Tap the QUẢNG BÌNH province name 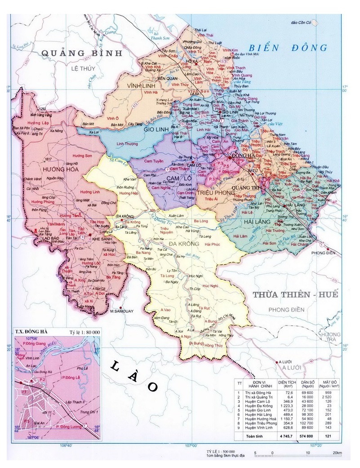click(x=82, y=53)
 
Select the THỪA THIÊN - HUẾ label click(x=295, y=295)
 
